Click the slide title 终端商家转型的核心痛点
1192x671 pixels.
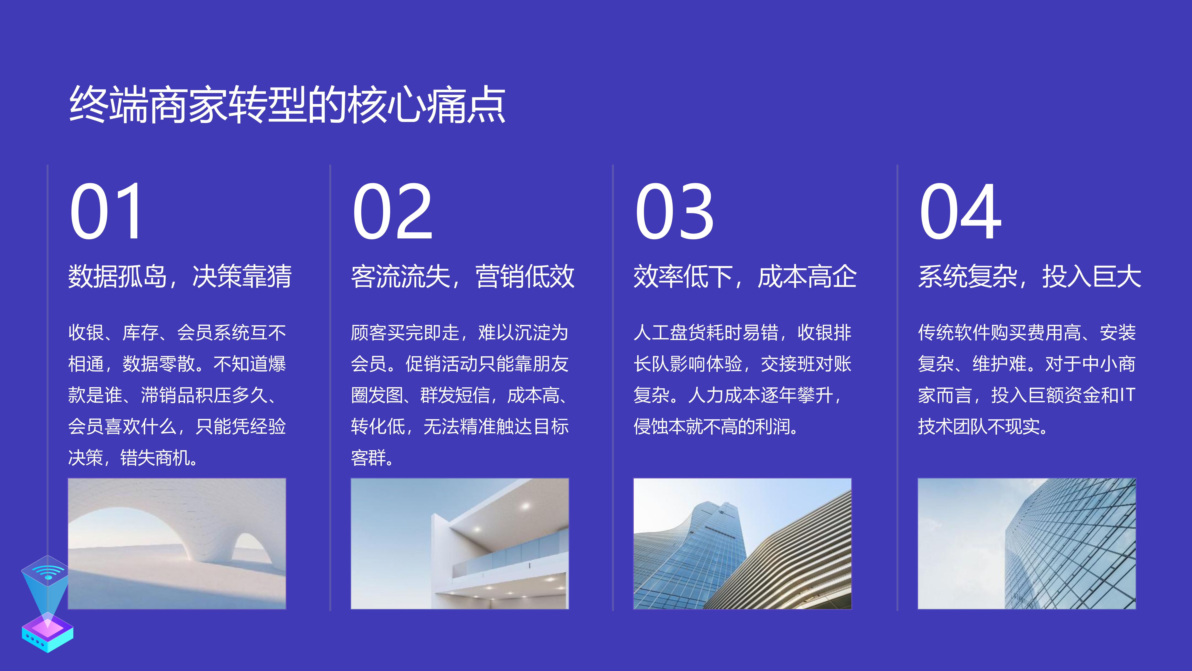click(287, 105)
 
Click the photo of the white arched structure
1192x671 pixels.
click(177, 544)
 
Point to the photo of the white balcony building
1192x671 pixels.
click(459, 544)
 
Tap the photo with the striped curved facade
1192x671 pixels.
click(742, 544)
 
